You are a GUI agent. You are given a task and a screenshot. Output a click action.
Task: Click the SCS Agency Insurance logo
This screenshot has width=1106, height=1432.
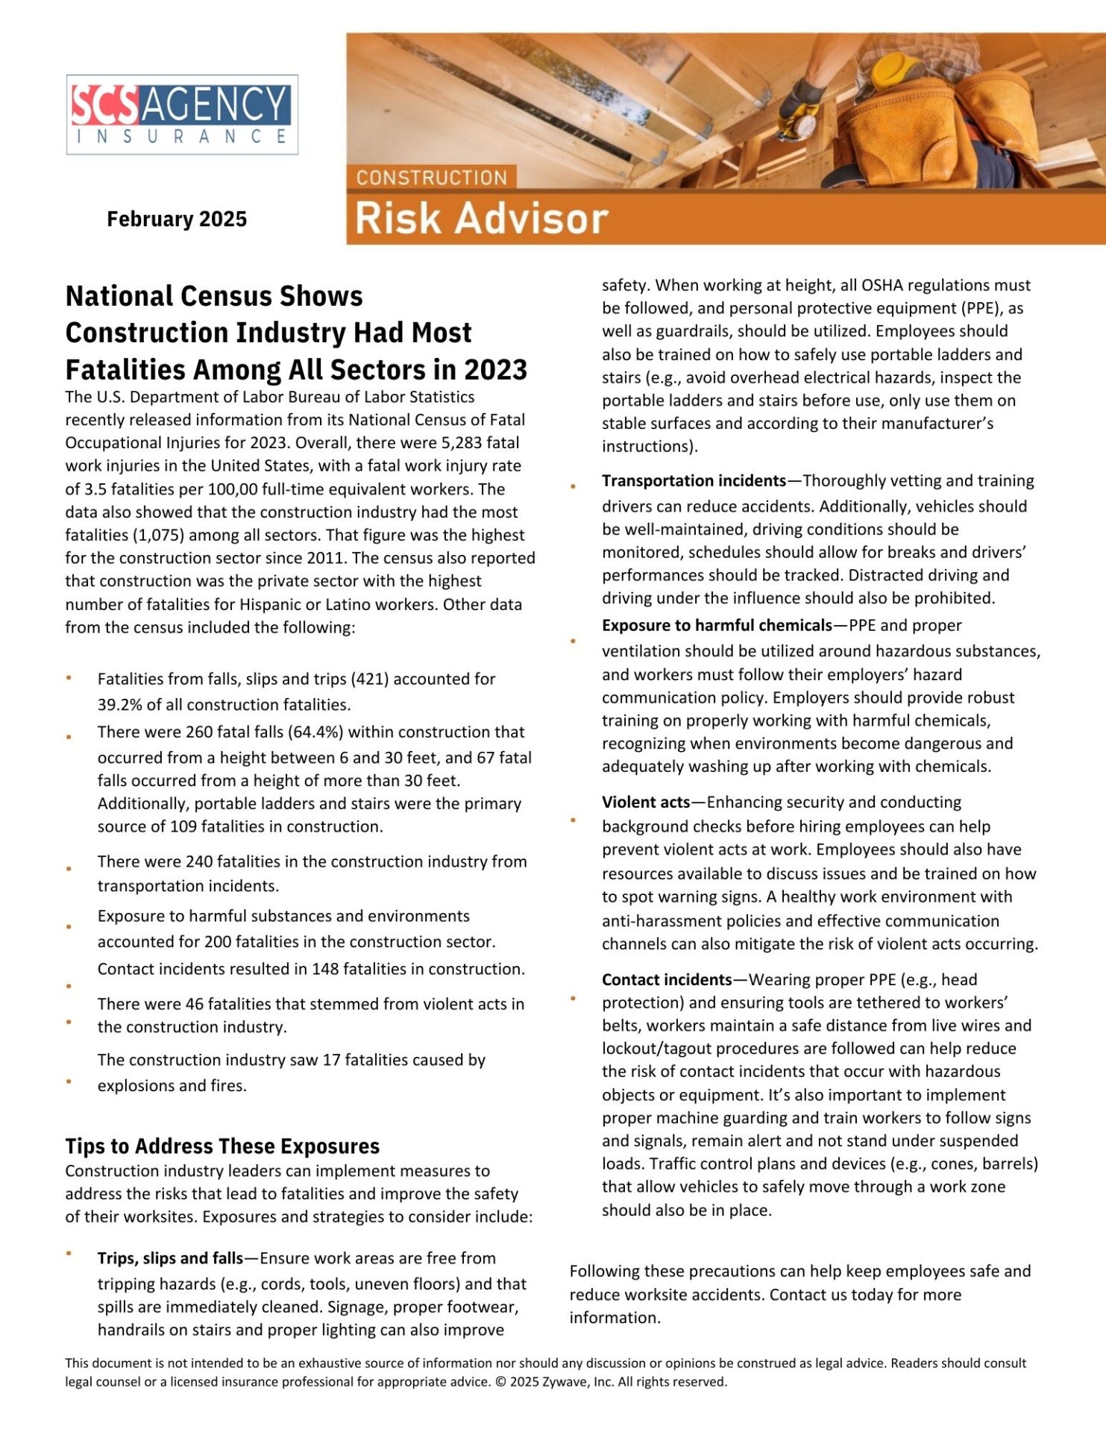(x=182, y=115)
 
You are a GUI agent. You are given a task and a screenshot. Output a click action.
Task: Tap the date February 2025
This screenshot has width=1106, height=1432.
(x=177, y=219)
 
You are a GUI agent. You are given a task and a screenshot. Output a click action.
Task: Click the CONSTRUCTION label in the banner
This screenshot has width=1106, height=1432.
(x=431, y=178)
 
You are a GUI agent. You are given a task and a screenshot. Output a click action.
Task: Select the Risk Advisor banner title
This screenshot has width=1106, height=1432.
(x=481, y=219)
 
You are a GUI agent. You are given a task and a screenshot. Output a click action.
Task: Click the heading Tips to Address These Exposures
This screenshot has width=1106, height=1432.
(x=222, y=1146)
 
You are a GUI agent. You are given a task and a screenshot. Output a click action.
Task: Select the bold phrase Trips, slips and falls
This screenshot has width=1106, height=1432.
(x=170, y=1258)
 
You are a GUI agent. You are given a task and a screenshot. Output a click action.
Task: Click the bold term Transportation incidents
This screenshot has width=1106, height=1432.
(x=694, y=481)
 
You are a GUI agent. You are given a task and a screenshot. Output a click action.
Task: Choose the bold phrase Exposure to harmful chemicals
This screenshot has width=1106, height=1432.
(x=716, y=625)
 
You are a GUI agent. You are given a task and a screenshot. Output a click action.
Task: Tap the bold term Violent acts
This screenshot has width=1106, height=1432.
(x=646, y=802)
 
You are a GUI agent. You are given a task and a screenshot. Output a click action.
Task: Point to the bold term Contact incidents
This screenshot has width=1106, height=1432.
(x=667, y=979)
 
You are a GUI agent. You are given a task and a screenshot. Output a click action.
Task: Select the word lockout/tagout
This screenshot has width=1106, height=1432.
(x=653, y=1049)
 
